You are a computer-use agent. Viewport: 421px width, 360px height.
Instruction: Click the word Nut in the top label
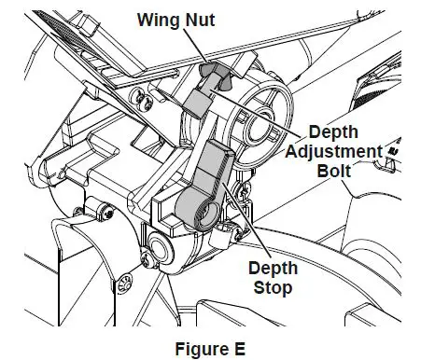[x=200, y=20]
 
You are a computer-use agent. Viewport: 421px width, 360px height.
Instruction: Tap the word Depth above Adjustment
[x=333, y=132]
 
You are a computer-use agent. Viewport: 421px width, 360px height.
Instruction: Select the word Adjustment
[x=334, y=151]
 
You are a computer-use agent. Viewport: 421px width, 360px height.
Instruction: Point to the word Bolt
[x=334, y=171]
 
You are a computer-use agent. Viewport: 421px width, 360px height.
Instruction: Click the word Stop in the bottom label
[x=273, y=288]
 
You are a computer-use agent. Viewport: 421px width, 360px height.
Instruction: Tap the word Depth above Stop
[x=273, y=268]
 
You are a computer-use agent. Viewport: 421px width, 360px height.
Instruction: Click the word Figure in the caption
[x=202, y=349]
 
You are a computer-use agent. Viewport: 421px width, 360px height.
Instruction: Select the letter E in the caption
[x=240, y=349]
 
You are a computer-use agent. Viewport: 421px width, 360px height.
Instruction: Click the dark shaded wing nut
[x=215, y=76]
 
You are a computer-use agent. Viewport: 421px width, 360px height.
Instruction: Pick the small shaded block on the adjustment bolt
[x=197, y=102]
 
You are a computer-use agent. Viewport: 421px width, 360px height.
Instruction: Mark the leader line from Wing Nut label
[x=195, y=46]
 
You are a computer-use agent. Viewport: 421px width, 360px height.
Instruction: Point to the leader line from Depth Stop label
[x=246, y=219]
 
